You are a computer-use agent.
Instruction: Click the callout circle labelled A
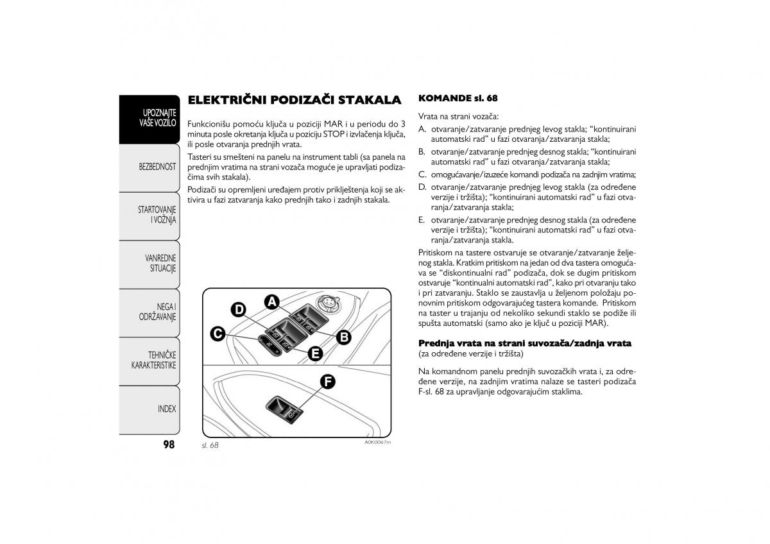pos(272,302)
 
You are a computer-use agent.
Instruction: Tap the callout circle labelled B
pos(344,336)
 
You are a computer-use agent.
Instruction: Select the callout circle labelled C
pos(218,333)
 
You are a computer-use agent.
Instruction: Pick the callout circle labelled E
pos(314,353)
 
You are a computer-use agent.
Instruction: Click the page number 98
pos(168,445)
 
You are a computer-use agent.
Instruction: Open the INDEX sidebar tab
pos(166,409)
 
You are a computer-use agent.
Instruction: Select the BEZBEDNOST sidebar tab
pos(157,167)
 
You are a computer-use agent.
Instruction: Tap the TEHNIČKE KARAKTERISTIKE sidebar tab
pos(154,360)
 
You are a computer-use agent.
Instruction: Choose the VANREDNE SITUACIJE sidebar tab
pos(160,263)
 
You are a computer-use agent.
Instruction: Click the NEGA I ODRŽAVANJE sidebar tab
pos(157,312)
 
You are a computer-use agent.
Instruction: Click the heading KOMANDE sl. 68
pos(458,99)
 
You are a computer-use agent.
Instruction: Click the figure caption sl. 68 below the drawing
pos(210,445)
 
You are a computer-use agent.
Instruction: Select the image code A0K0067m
pos(377,443)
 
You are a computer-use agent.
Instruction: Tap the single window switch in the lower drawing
pos(282,409)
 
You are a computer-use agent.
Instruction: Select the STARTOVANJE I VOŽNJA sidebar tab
pos(157,215)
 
